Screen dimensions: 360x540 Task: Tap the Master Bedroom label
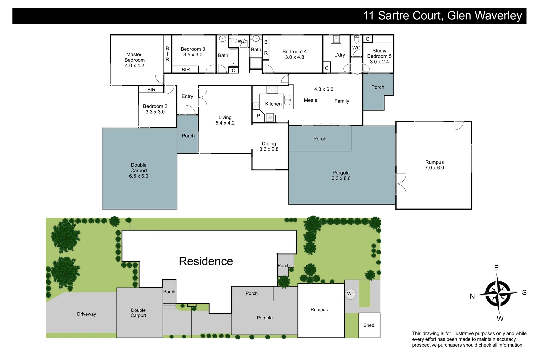134,57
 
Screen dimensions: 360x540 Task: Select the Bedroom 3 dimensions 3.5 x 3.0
193,55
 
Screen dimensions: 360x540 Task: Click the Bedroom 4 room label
294,52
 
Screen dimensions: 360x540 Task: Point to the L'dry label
339,55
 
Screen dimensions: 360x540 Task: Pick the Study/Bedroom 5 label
379,53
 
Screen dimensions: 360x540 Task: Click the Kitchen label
273,104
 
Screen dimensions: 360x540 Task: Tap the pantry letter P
258,116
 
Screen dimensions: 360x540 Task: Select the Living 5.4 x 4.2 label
225,120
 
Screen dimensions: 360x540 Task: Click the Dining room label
269,144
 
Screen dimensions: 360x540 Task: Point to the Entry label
187,96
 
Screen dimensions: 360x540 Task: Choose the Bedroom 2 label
155,106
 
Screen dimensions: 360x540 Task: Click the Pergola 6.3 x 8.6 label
341,175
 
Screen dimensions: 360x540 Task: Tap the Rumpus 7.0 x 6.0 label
434,165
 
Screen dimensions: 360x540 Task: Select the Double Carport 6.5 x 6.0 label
139,170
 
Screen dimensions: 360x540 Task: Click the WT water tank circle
350,294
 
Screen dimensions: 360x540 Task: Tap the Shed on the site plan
369,325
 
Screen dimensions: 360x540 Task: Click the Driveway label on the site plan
86,314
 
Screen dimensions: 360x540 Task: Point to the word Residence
206,261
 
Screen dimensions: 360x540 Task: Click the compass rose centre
498,294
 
